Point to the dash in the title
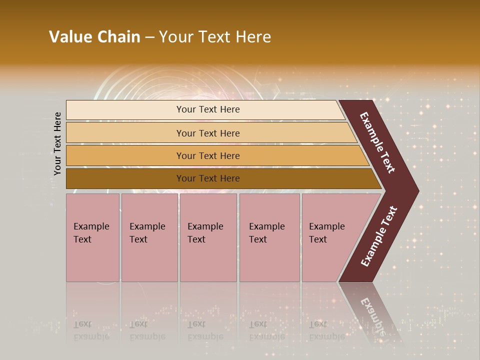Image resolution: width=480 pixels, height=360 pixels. [149, 37]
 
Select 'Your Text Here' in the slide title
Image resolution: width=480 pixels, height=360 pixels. [215, 37]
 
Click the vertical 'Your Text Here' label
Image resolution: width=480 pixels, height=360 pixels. [57, 143]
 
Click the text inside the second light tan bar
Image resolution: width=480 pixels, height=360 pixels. [208, 133]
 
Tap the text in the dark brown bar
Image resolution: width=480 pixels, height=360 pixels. [208, 178]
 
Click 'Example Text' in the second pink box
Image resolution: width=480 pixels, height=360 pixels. [147, 233]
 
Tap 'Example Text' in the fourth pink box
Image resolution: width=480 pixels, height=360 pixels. [266, 233]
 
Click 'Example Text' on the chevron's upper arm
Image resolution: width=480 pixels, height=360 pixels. [377, 142]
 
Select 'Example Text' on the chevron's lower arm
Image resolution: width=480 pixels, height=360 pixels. [378, 236]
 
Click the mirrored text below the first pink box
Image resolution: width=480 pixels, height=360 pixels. [91, 330]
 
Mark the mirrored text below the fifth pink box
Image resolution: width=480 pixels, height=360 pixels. [326, 330]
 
